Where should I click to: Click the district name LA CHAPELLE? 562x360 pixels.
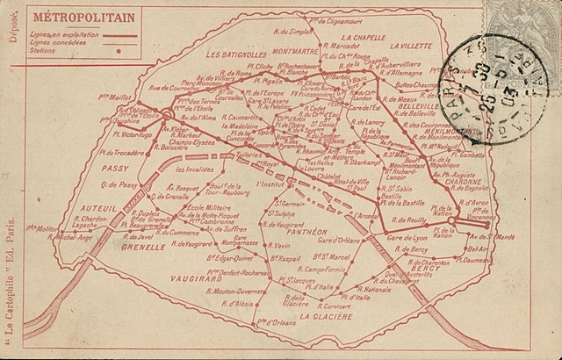(x=365, y=39)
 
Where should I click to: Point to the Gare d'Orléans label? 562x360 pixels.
(x=340, y=241)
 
